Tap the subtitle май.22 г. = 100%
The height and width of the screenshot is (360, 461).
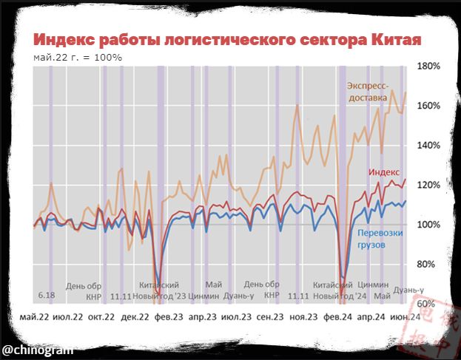[78, 57]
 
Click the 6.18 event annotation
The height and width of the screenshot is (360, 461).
[47, 296]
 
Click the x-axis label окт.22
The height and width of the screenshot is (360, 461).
[101, 317]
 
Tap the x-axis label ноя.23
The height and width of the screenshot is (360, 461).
[303, 317]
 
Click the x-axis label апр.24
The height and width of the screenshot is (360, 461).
[372, 317]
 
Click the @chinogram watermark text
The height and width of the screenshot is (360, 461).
[37, 347]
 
